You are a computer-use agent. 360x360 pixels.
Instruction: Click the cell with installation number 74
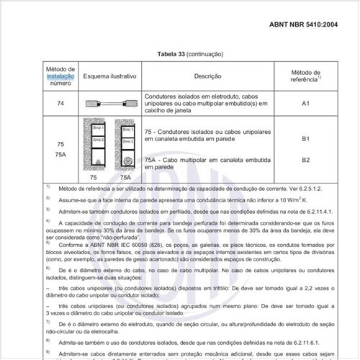point(60,103)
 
